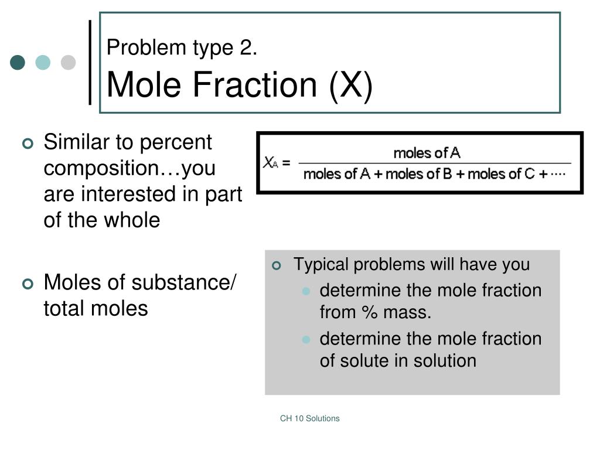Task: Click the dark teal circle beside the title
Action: [x=18, y=63]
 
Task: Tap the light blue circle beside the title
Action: [x=43, y=63]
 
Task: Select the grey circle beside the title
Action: [x=69, y=63]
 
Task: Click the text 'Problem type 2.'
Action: [x=182, y=48]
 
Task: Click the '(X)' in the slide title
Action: [x=350, y=84]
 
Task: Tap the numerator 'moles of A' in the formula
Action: [x=427, y=154]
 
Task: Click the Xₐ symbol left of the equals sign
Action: [x=270, y=163]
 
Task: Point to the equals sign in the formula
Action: [x=286, y=163]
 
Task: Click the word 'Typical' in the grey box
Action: [x=321, y=264]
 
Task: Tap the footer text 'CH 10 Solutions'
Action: [x=309, y=418]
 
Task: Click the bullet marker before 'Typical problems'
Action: [x=278, y=265]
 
